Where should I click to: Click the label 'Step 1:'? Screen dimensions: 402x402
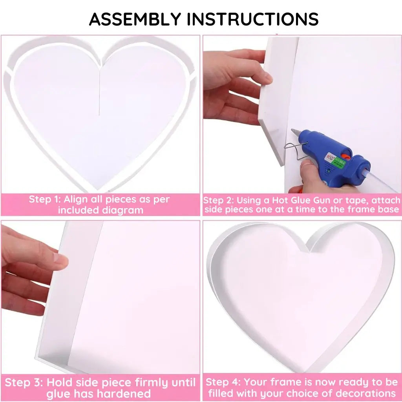tap(45, 199)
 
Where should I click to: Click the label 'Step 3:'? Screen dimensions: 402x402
tap(24, 382)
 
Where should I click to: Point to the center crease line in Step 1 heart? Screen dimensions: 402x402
tap(100, 90)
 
